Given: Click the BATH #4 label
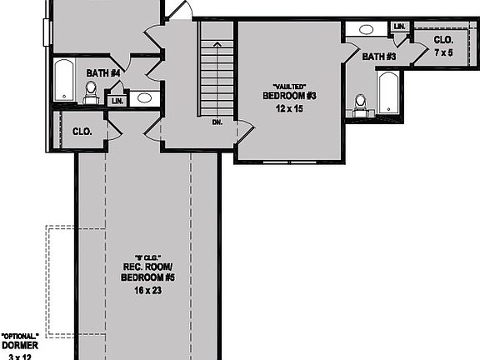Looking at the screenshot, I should click(103, 72).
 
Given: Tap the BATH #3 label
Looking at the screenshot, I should click(378, 57).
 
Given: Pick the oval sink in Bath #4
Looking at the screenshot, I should click(143, 98).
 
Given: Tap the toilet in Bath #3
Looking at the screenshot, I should click(360, 102).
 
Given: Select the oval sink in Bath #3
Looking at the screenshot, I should click(365, 29).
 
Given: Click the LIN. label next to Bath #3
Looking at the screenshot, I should click(399, 27).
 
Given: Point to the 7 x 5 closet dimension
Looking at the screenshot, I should click(443, 52).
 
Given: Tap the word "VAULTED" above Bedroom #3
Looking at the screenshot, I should click(289, 86).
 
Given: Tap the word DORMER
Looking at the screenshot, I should click(18, 344).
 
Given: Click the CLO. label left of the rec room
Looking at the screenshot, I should click(82, 132).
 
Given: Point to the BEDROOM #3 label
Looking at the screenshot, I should click(289, 96).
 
